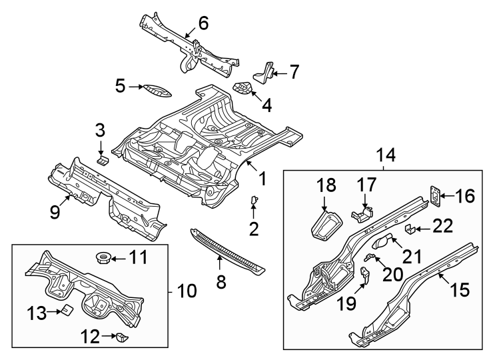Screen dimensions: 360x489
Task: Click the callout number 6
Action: click(203, 23)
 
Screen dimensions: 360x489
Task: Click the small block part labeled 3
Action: click(103, 160)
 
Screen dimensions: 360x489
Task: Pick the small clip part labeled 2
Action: click(254, 200)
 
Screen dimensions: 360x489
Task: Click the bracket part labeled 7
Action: click(268, 71)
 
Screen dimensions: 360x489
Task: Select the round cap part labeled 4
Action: click(244, 88)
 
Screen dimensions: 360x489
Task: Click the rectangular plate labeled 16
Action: click(434, 194)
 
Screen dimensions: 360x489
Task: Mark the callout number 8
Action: click(221, 283)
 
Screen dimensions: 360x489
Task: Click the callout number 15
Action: click(460, 289)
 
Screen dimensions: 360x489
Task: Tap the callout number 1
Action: click(262, 179)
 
